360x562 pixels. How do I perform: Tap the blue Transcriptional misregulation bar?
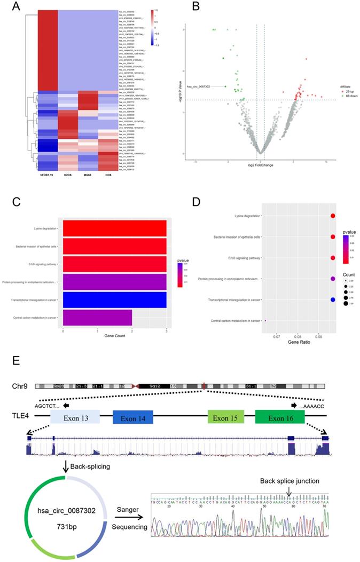click(114, 299)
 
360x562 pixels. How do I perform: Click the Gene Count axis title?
click(114, 339)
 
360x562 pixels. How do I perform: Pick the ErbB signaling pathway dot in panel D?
click(333, 258)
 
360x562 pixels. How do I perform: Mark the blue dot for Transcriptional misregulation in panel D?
click(333, 299)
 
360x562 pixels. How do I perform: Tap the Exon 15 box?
click(226, 417)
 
